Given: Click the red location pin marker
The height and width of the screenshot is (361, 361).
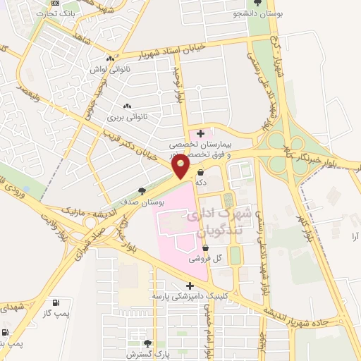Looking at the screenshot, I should (x=181, y=167).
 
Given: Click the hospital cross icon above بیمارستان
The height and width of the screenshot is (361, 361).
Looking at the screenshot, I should (x=201, y=133).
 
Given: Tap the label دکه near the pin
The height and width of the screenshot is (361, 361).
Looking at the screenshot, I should (x=201, y=182).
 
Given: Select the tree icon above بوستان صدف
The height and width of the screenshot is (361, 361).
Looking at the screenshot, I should (x=142, y=191).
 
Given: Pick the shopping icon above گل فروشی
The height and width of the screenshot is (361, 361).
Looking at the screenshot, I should (x=205, y=248).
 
